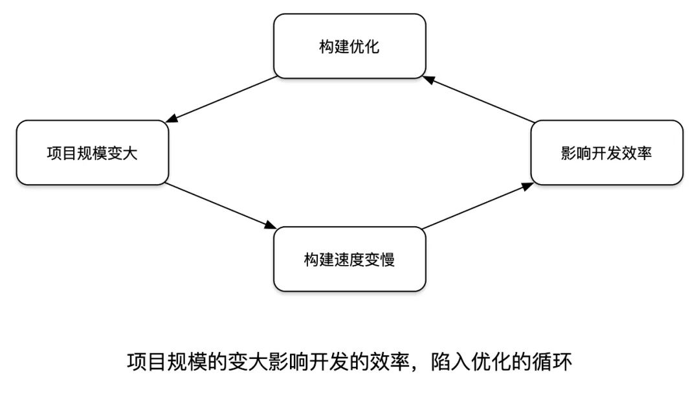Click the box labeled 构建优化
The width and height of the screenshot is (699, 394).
click(349, 47)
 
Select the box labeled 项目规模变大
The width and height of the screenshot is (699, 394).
click(93, 153)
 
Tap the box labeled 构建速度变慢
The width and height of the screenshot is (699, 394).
click(349, 259)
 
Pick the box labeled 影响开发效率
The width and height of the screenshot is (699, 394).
click(606, 153)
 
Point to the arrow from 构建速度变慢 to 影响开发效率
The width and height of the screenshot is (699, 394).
click(478, 206)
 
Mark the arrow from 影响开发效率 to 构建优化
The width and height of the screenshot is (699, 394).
click(479, 100)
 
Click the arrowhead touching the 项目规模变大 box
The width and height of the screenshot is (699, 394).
click(172, 120)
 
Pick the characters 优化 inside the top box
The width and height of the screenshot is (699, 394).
click(364, 47)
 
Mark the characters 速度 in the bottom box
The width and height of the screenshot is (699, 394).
click(349, 259)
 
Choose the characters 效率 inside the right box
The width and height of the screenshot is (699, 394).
click(636, 153)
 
